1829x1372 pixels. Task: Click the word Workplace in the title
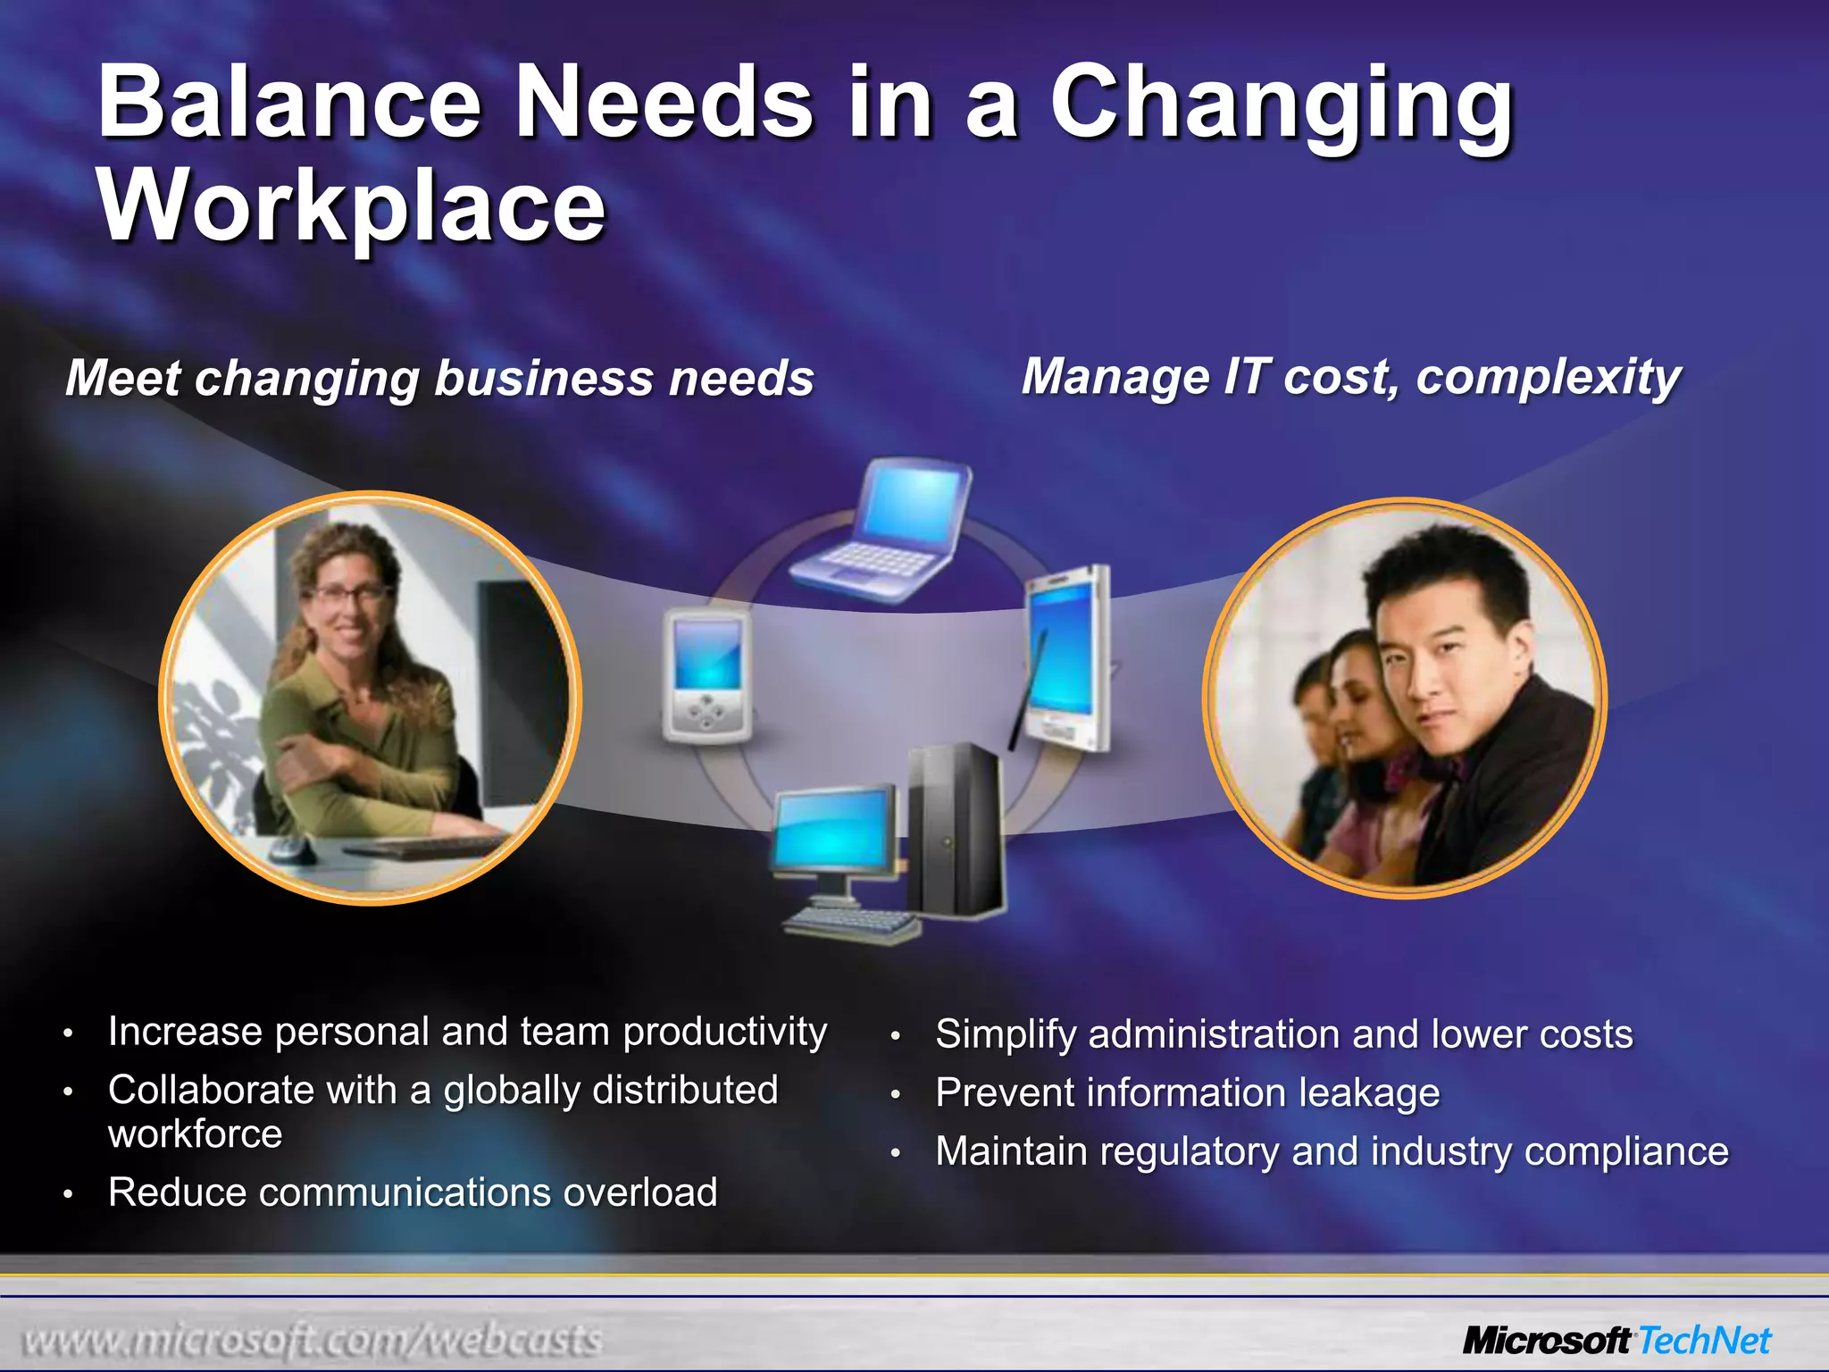click(353, 207)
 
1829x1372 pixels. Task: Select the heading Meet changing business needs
click(439, 378)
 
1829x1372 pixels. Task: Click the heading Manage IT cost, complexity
click(1350, 376)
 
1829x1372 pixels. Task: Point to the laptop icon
click(884, 532)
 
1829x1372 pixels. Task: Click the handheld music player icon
click(707, 676)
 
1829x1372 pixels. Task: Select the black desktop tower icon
click(954, 831)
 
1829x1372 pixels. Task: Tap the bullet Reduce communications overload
click(413, 1192)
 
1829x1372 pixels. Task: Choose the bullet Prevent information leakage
click(1188, 1092)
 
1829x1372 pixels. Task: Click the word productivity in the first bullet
click(724, 1033)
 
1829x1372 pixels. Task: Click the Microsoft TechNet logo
click(1616, 1341)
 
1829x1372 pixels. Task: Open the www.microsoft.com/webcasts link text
click(313, 1341)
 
